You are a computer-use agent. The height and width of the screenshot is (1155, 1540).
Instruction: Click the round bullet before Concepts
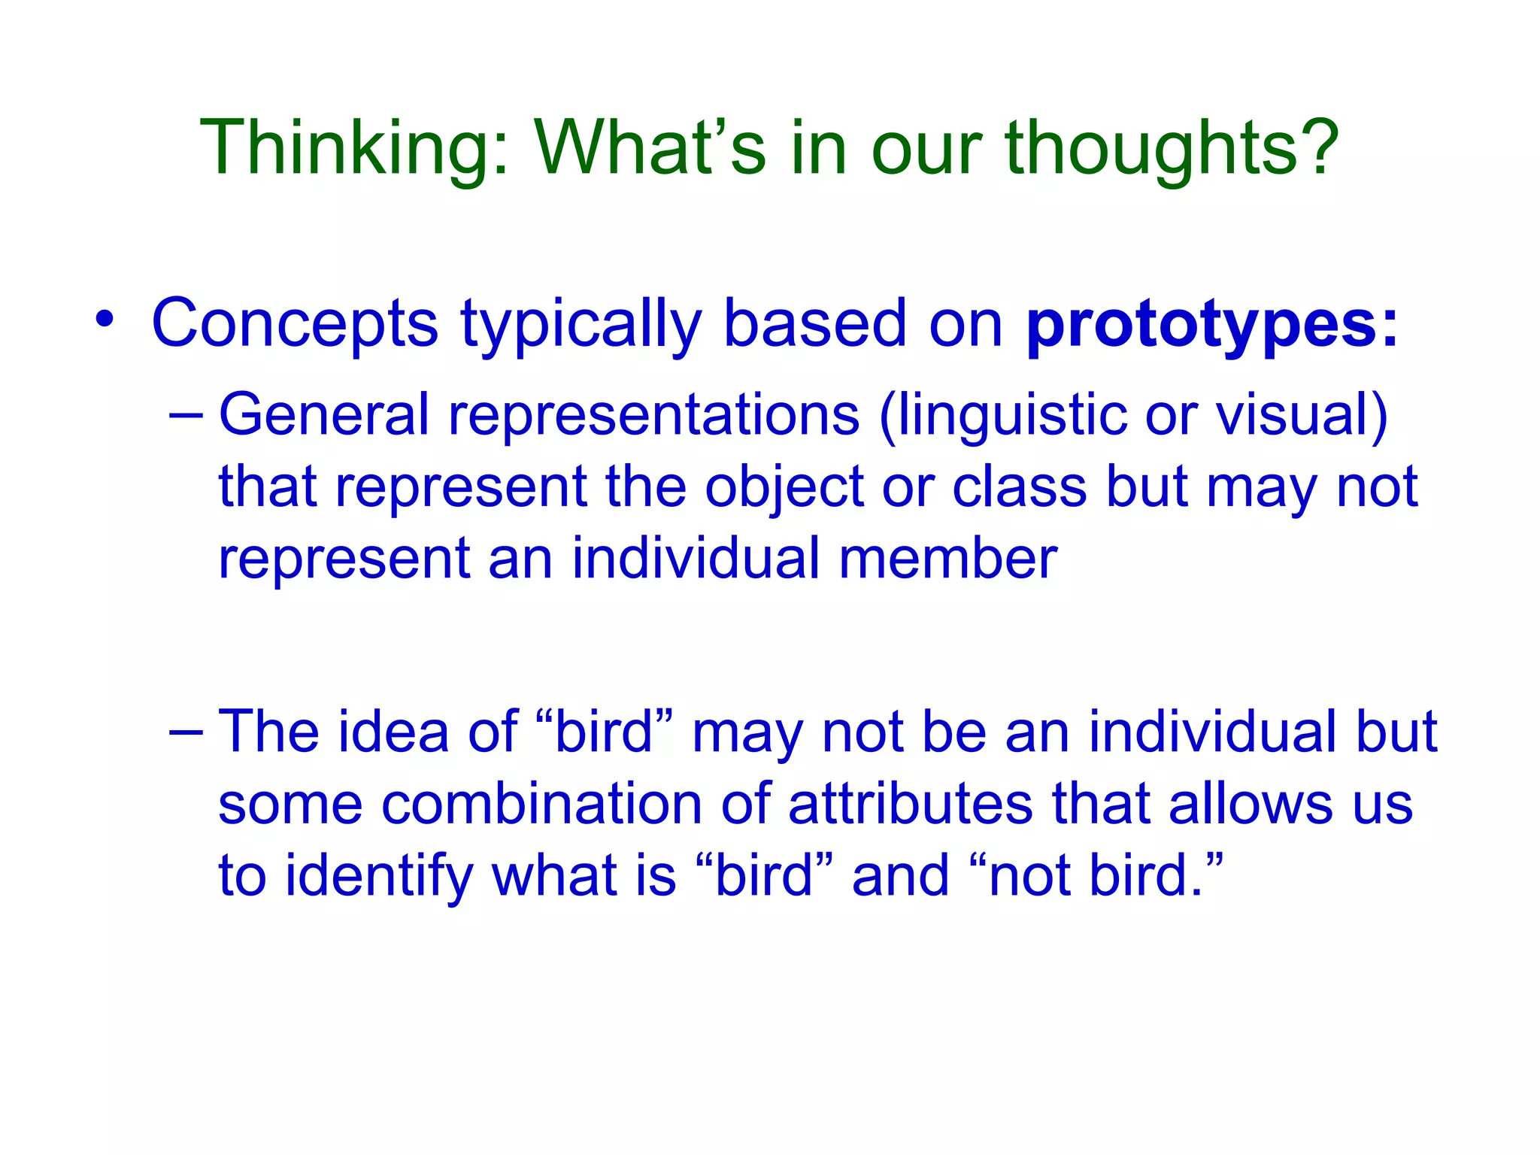coord(105,319)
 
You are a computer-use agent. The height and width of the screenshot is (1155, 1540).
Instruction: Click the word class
coord(1020,487)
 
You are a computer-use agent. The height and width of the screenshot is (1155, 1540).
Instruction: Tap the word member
coord(947,559)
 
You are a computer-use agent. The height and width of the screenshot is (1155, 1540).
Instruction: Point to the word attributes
coord(911,804)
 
